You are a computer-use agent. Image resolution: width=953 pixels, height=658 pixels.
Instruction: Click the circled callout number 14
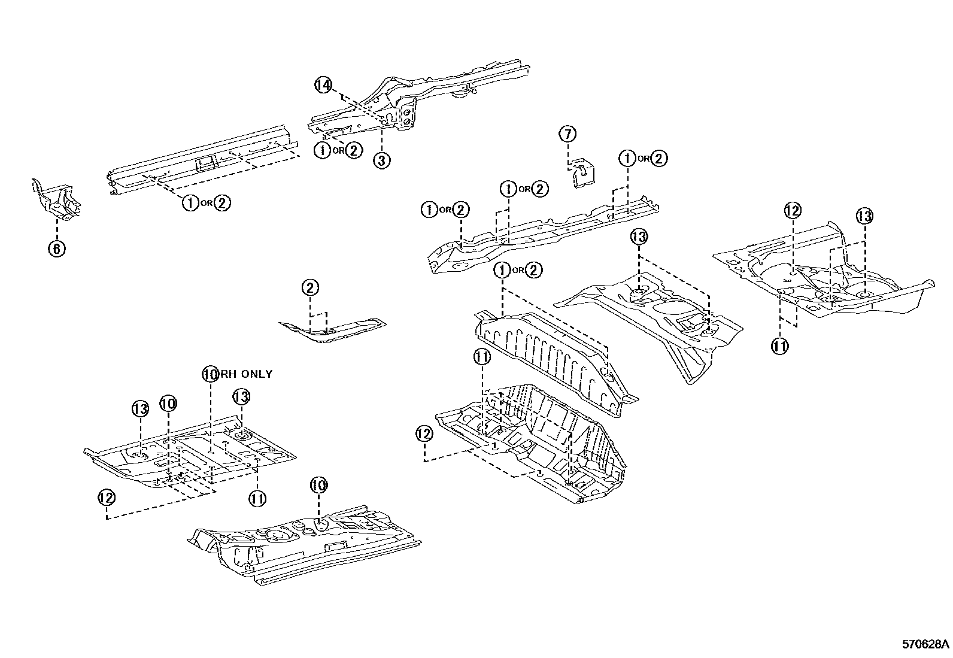tap(323, 86)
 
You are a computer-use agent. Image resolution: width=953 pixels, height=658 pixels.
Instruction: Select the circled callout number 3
tap(382, 160)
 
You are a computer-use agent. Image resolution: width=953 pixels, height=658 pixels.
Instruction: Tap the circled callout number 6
tap(56, 248)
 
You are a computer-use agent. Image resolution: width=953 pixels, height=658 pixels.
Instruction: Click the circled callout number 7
tap(567, 134)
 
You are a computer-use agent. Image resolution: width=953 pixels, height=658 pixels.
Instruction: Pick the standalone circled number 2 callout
tap(310, 288)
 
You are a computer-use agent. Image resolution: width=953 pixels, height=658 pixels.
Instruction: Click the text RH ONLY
tap(246, 374)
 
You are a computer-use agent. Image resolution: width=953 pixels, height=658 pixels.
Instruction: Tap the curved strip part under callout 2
tap(332, 330)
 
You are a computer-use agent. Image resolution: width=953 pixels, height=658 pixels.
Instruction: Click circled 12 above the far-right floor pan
tap(793, 210)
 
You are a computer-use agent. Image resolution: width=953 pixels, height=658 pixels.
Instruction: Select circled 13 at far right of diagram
tap(864, 216)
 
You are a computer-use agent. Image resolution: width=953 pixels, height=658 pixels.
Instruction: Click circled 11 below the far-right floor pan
tap(780, 345)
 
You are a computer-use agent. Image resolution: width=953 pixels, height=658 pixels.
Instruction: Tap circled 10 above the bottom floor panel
tap(318, 485)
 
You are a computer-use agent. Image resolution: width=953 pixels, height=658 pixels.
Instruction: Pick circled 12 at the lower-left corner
tap(107, 497)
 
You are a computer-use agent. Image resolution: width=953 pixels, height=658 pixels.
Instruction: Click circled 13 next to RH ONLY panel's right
tap(241, 396)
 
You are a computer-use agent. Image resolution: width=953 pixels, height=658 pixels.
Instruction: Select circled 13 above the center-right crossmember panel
tap(639, 236)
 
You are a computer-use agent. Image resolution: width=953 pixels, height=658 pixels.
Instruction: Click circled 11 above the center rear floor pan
tap(482, 357)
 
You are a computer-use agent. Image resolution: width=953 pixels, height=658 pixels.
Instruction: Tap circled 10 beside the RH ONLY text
tap(210, 374)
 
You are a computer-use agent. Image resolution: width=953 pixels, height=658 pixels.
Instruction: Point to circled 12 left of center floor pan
tap(424, 433)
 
